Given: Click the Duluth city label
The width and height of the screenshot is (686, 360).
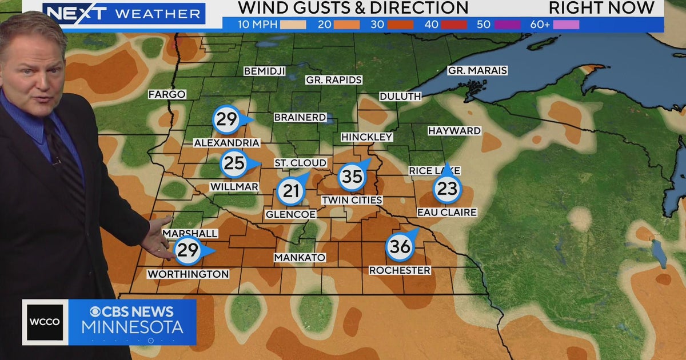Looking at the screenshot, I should pos(400,97).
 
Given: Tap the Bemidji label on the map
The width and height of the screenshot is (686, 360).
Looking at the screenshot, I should pos(264,71).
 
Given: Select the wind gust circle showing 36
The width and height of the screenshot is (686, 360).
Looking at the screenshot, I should pos(400,247).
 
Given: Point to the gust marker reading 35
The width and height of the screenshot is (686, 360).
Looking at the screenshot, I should pos(352,177).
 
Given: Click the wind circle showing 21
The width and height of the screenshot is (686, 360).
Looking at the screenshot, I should pos(291,191).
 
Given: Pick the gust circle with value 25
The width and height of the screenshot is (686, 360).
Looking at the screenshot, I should pos(234,164).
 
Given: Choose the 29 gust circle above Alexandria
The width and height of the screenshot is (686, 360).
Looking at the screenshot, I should pos(226,119).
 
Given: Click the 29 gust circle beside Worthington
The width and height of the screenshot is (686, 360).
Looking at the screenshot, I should pos(188,250).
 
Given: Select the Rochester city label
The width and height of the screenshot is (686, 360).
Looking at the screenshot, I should pos(400,270).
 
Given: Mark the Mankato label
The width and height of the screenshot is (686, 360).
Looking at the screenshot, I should pos(300,258).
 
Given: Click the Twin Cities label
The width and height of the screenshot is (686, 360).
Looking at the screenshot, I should pos(352,200).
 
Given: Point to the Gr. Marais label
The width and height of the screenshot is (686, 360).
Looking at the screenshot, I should pos(477,71).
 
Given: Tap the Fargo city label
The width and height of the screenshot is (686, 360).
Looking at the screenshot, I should pos(167,94).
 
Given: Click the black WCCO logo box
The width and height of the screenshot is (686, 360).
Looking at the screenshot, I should pos(45,322).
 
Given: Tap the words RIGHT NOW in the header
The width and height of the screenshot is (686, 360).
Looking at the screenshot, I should pos(601,8).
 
